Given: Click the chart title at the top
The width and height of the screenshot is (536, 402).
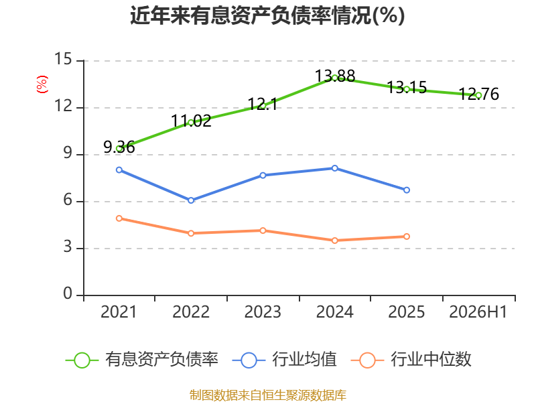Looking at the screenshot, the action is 267,15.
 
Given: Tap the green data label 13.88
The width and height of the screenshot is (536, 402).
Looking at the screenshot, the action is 334,76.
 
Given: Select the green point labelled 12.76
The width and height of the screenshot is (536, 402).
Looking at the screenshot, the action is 478,95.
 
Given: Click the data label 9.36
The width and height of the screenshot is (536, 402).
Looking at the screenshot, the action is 119,147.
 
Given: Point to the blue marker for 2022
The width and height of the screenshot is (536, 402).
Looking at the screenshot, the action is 191,200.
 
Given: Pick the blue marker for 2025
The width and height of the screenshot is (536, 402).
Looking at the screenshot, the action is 407,190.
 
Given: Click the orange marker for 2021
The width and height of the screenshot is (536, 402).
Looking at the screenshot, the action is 119,218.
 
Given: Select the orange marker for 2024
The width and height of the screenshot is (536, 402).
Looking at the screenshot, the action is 334,241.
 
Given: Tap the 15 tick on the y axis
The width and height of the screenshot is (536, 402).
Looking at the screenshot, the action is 63,59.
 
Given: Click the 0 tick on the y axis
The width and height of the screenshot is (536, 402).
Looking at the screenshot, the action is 68,293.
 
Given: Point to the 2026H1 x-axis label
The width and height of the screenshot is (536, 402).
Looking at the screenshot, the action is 478,312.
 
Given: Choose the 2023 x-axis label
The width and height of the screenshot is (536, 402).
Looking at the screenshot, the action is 263,312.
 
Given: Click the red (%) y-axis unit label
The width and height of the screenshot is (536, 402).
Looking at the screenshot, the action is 42,84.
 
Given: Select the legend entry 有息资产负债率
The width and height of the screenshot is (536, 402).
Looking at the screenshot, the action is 142,360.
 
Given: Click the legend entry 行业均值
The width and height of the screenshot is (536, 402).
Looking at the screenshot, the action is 284,360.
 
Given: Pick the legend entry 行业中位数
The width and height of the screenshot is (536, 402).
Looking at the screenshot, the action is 411,360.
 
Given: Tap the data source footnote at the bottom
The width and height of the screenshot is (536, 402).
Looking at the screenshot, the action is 267,395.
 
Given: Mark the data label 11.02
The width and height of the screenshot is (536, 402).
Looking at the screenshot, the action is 191,121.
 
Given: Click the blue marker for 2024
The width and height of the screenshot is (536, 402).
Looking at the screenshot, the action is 334,168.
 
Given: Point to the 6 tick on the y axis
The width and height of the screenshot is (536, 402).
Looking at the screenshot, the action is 68,200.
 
